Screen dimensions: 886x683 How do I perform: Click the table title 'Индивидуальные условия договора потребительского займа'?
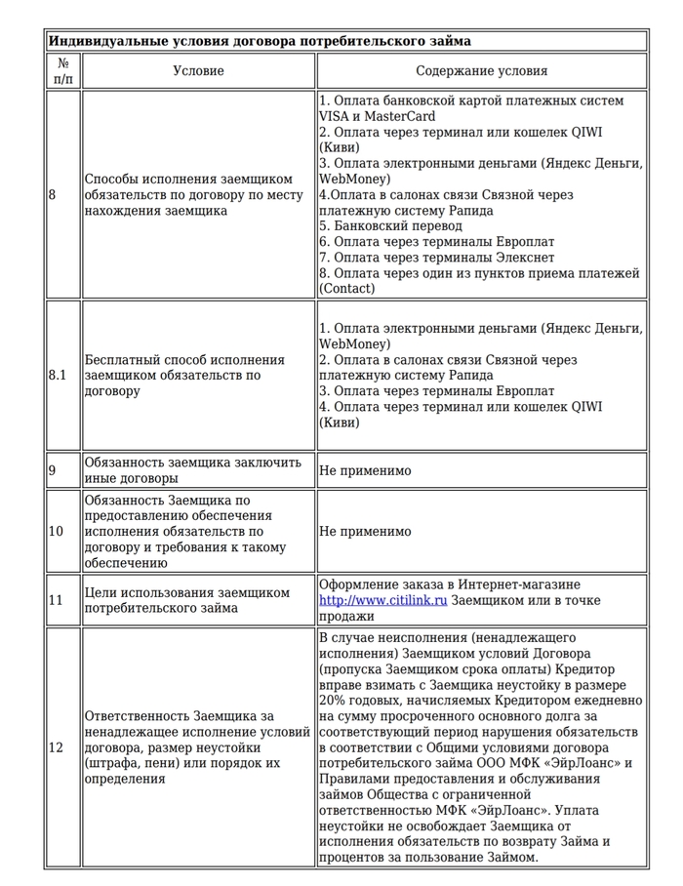(x=260, y=41)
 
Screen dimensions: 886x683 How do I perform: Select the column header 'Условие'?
(x=198, y=71)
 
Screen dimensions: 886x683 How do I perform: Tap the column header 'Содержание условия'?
(x=481, y=71)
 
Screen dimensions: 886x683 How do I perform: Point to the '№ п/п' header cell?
(x=63, y=71)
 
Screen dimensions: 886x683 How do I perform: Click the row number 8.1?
(x=58, y=376)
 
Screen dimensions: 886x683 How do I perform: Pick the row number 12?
(x=56, y=747)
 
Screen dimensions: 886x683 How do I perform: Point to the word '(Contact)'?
(x=346, y=288)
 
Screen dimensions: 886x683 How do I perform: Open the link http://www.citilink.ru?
(x=382, y=600)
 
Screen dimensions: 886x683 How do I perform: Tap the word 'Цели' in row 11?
(x=101, y=592)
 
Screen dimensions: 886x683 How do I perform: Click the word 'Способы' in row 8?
(x=114, y=179)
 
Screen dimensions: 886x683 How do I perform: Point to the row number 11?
(x=56, y=600)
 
